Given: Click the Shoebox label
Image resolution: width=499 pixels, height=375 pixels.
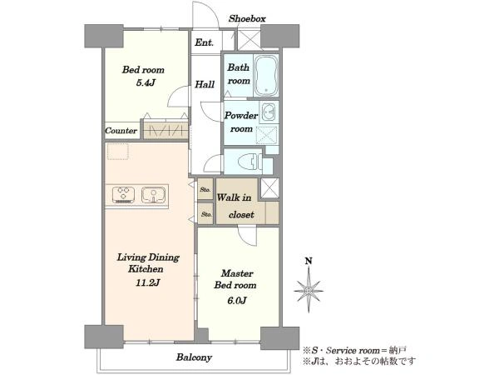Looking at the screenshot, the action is [x=247, y=19].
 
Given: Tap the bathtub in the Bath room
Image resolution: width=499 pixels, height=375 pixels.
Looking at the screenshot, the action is [x=266, y=76].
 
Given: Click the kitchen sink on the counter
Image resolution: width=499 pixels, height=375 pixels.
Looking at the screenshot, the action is [x=153, y=195].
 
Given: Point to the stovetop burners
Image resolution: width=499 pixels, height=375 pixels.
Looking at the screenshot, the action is [x=123, y=195].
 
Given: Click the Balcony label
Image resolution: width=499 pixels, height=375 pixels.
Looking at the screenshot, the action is [x=194, y=357].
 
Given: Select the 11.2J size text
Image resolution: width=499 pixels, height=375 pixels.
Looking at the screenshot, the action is [x=148, y=282].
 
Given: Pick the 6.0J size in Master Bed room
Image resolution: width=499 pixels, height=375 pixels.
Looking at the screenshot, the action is [x=237, y=300].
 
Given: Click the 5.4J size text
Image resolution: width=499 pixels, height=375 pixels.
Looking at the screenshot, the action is [x=146, y=83].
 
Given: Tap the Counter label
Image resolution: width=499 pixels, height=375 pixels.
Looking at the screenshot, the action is [x=121, y=131].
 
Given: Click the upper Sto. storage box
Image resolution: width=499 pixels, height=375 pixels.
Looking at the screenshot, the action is [x=205, y=189].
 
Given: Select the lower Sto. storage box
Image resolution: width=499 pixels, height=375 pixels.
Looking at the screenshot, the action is [x=206, y=214].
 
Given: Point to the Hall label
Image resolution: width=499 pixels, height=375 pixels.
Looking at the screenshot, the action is [x=205, y=84].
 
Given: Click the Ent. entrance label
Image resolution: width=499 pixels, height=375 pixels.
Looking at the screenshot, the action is [x=204, y=42].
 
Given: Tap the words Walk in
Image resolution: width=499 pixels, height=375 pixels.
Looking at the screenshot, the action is [x=234, y=197].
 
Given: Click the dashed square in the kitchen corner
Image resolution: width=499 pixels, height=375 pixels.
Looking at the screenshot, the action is [x=118, y=152].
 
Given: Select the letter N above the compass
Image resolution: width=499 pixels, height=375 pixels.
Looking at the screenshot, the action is [x=309, y=262].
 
